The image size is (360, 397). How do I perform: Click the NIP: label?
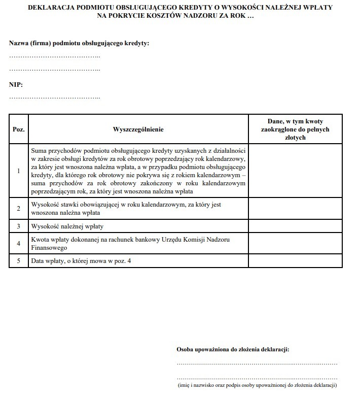pos(16,85)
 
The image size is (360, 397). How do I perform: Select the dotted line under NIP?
pos(55,97)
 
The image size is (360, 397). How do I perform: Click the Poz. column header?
pos(18,129)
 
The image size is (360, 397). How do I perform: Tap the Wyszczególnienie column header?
pos(138,129)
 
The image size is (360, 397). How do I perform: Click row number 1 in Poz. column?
pos(18,171)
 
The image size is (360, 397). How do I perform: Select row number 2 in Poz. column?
pos(18,209)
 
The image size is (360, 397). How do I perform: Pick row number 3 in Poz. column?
pos(18,226)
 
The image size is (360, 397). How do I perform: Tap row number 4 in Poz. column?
pos(18,244)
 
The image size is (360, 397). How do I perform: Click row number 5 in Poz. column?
pos(18,261)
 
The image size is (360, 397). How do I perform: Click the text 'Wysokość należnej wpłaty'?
pos(67,226)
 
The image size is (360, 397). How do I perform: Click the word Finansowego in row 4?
pos(49,248)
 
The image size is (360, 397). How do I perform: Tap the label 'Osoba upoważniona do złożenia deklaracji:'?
pos(233,349)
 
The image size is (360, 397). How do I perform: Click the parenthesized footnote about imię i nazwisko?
pos(257,385)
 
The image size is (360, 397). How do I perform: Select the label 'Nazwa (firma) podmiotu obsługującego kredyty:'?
pos(79,44)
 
